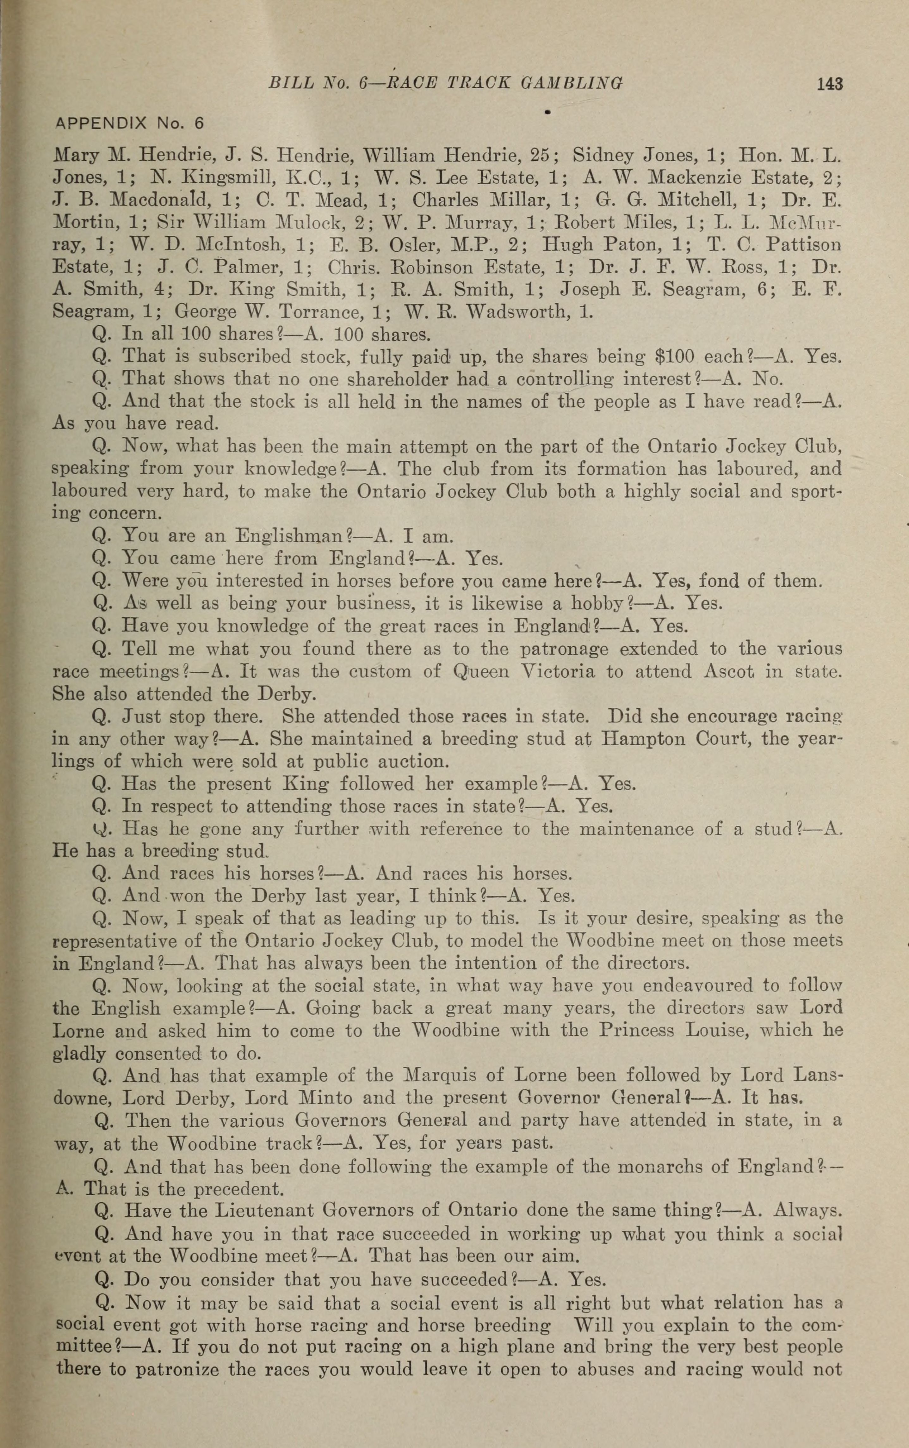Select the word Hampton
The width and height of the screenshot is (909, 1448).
point(646,739)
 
